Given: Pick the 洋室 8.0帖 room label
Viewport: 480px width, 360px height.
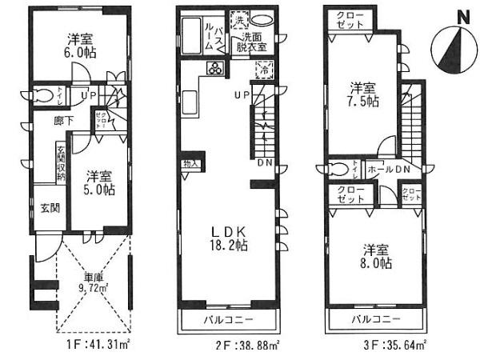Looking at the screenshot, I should (374, 254).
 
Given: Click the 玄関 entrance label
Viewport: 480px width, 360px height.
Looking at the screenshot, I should (50, 209).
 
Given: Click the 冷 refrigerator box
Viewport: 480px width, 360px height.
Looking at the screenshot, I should (265, 71).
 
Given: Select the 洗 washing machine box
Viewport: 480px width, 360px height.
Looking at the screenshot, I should (239, 20).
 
